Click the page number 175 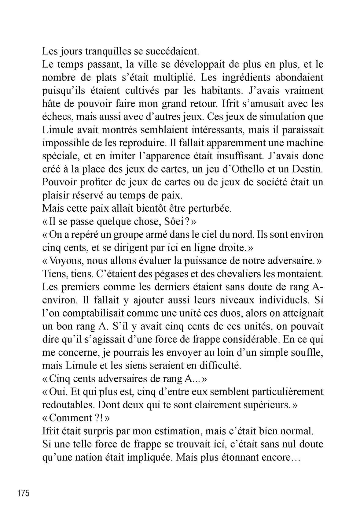(24, 493)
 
